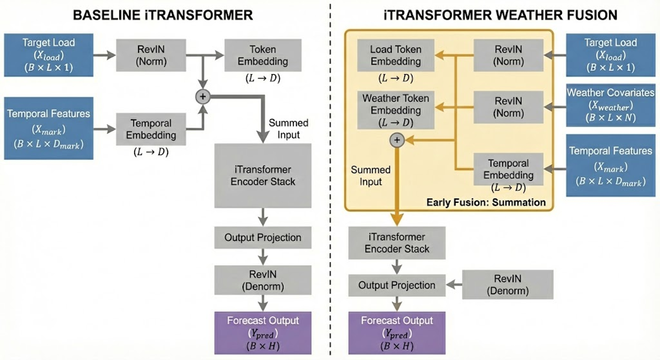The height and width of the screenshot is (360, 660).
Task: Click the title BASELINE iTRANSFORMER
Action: (163, 14)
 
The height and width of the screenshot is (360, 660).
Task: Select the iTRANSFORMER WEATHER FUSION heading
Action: (500, 14)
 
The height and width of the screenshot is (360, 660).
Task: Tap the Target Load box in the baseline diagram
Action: (49, 55)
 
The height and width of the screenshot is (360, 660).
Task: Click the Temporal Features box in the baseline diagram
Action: (49, 128)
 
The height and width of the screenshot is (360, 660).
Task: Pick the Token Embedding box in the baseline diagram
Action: (263, 55)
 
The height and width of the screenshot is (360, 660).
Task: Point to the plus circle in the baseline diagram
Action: (202, 96)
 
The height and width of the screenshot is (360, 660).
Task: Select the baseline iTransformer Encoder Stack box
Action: (263, 175)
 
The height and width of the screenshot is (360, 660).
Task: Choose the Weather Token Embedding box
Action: (396, 110)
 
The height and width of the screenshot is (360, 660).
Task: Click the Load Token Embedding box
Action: (396, 55)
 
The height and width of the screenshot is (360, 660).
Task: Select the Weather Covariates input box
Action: (610, 105)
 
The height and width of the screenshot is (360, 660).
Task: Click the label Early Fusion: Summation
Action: (486, 202)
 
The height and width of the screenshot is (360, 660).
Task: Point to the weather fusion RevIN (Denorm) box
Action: (507, 285)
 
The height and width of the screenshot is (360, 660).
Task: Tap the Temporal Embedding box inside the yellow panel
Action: (507, 169)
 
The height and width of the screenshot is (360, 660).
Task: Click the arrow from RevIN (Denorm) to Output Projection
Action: (454, 285)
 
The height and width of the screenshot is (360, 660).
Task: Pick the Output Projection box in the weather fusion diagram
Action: (397, 285)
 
